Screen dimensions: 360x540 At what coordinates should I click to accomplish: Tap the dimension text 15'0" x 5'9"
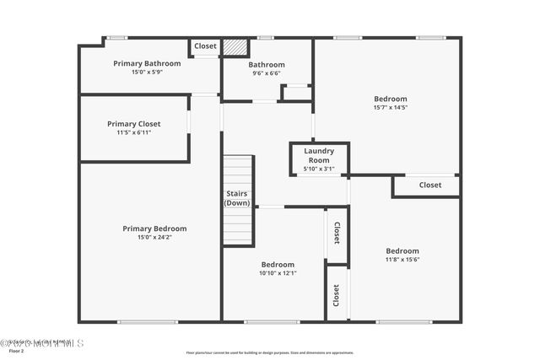pos(147,73)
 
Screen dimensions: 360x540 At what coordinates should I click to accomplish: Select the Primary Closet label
pos(133,124)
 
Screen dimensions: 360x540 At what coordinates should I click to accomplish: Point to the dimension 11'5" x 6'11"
pos(133,132)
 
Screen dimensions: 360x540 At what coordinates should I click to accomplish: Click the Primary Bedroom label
pos(154,228)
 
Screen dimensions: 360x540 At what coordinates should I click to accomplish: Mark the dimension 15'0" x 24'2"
pos(154,238)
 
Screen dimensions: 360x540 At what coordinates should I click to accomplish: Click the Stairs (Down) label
pos(237,198)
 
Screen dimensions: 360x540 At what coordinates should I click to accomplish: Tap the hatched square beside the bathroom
pos(234,47)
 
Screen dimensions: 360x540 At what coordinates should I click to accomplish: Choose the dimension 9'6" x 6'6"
pos(266,73)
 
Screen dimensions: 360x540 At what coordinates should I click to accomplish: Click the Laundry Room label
pos(319,156)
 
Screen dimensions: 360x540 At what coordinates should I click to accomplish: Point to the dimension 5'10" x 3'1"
pos(319,169)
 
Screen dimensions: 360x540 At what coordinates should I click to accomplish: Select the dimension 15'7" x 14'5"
pos(391,108)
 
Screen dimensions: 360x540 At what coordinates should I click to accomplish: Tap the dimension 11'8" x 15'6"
pos(402,261)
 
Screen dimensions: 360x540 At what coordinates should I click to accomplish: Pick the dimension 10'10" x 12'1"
pos(278,273)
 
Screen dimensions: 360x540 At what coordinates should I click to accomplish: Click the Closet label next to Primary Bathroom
pos(205,46)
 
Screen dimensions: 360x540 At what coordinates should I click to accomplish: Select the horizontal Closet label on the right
pos(429,185)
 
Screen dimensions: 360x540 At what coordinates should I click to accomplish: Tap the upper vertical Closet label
pos(337,233)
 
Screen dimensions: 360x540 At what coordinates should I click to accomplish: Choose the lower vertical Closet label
pos(337,295)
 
